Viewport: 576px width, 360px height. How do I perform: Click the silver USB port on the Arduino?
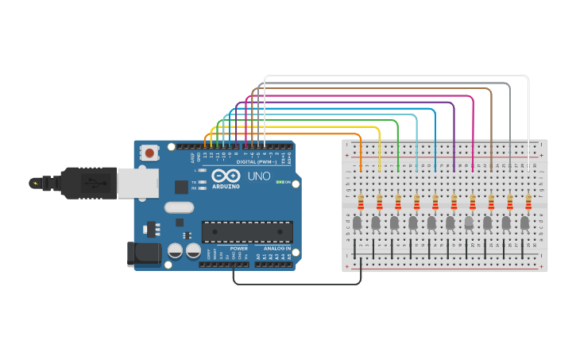point(137,183)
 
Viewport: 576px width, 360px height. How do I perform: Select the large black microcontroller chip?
point(246,232)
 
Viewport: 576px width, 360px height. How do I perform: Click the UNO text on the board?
point(259,176)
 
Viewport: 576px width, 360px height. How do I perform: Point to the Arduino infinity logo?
point(226,176)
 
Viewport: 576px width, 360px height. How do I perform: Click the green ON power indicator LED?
point(279,182)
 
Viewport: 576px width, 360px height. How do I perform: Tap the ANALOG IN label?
point(277,248)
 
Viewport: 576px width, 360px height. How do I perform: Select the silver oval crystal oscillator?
point(179,207)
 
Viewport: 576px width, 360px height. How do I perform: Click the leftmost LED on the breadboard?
point(358,223)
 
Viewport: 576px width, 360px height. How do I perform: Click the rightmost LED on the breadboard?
point(524,223)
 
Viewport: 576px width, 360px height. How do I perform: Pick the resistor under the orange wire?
point(361,202)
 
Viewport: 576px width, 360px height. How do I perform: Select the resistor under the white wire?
point(528,202)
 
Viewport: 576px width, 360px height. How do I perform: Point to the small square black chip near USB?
point(182,188)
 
